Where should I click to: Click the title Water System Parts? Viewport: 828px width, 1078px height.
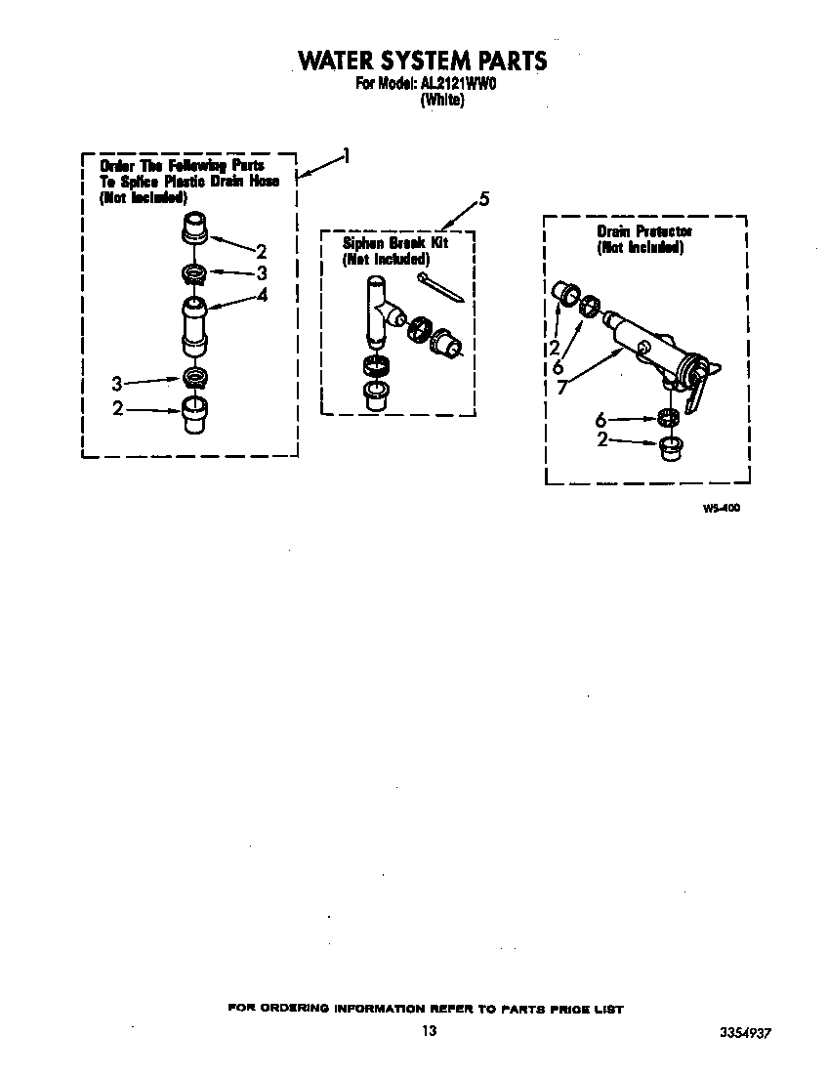click(x=422, y=61)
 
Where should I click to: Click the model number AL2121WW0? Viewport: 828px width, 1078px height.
click(x=459, y=84)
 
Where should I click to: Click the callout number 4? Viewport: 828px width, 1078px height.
click(x=262, y=295)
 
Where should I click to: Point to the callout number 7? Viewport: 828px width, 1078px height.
click(x=560, y=387)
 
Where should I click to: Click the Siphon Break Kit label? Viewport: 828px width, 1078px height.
click(x=394, y=242)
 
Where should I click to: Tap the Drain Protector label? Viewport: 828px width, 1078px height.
click(x=644, y=231)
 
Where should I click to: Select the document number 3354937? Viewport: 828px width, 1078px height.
click(x=751, y=1032)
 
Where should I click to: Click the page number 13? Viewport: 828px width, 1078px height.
click(x=429, y=1031)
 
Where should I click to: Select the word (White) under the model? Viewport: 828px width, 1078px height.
click(x=441, y=100)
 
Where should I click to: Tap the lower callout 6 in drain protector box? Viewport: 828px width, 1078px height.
click(x=600, y=420)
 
